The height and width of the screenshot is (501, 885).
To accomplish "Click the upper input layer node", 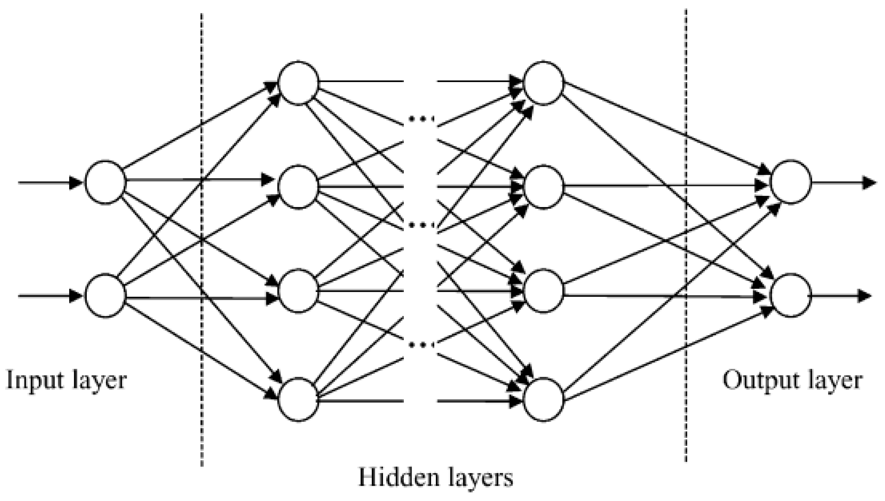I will click(x=105, y=182).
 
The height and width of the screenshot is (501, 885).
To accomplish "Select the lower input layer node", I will click(x=105, y=295).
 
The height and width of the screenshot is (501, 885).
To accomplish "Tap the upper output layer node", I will click(x=791, y=182).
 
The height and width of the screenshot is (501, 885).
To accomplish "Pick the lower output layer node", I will click(x=791, y=295).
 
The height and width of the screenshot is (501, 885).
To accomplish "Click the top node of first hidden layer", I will click(x=298, y=82).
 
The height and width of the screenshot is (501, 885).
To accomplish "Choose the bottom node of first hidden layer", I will click(x=298, y=399).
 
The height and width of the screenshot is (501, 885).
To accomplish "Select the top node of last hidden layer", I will click(x=543, y=82).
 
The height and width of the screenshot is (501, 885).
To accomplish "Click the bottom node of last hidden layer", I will click(x=543, y=399).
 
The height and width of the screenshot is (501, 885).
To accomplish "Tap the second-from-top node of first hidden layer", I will click(x=298, y=187).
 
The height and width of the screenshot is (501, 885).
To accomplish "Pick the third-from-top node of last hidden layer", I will click(x=543, y=291).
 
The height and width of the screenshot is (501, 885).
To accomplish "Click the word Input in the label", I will click(x=34, y=380).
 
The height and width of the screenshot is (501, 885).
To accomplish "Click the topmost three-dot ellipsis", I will click(x=421, y=119).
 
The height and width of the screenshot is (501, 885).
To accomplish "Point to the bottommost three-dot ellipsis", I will click(x=421, y=344).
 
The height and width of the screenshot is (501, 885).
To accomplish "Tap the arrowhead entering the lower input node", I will click(x=75, y=295).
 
